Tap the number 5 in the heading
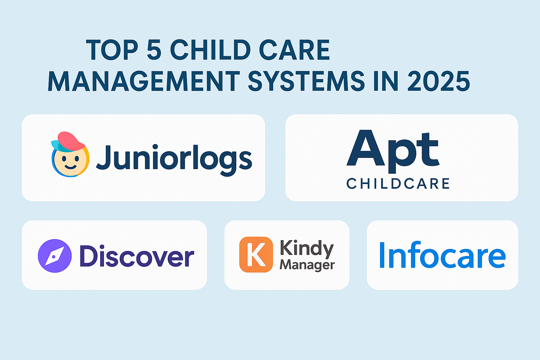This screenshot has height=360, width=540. click(x=154, y=50)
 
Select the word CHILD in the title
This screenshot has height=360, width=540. click(x=211, y=50)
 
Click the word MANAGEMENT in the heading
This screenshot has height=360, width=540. click(x=144, y=81)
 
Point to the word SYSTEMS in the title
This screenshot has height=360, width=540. click(x=307, y=81)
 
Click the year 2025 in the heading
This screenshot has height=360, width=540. click(x=439, y=81)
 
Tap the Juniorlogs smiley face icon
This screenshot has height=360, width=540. click(x=70, y=154)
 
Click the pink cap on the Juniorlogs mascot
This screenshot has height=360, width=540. click(x=71, y=141)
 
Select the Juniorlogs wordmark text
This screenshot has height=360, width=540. click(x=174, y=160)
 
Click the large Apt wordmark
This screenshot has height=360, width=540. click(x=393, y=152)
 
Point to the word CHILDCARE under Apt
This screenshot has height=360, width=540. click(x=398, y=184)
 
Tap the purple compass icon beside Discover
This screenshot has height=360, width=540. click(x=55, y=256)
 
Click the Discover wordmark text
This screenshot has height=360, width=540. click(x=137, y=256)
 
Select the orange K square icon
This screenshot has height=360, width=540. click(x=256, y=255)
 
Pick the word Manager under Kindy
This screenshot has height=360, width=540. click(x=307, y=265)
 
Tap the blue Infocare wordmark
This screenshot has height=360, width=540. click(x=443, y=255)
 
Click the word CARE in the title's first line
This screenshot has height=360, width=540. click(x=294, y=50)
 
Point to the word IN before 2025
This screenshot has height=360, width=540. click(x=386, y=81)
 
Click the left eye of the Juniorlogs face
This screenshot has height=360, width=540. click(x=64, y=159)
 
